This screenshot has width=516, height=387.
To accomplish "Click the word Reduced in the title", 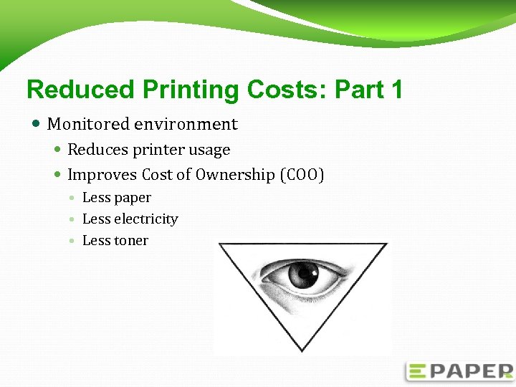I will click(x=80, y=90).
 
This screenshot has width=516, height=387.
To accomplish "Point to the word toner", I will click(x=132, y=241).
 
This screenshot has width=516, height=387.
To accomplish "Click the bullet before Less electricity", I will click(x=73, y=219).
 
